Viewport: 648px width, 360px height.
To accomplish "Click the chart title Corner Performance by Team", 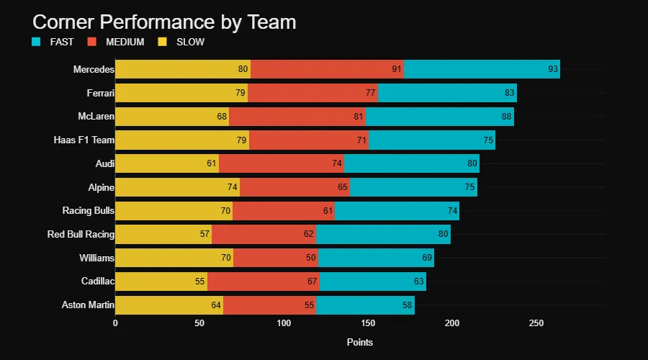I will click(x=164, y=22).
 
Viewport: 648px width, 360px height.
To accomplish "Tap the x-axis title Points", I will click(x=359, y=342).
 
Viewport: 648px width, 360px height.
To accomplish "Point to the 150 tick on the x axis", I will click(x=368, y=323).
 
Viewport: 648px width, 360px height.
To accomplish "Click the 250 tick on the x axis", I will click(x=536, y=323).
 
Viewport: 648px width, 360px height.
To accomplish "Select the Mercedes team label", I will click(x=94, y=69).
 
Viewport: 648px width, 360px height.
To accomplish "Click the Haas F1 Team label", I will click(x=84, y=140).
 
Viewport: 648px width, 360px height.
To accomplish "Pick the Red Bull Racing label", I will click(x=81, y=234).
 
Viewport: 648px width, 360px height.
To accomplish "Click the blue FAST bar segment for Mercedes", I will click(x=481, y=69).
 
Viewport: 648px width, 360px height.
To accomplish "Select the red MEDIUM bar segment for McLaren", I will click(x=297, y=117).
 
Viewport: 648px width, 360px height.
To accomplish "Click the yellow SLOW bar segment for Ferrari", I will click(x=181, y=93).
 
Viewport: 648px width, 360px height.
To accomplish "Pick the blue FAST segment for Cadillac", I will click(x=373, y=281).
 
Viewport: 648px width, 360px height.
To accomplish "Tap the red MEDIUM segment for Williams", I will click(x=275, y=258).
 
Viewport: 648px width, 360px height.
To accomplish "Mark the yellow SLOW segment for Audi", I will click(x=166, y=163).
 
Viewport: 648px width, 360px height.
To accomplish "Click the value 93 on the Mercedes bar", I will click(x=552, y=69).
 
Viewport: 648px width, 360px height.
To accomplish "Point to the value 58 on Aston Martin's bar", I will click(x=408, y=305).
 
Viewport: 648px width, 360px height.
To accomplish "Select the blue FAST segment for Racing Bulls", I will click(x=397, y=210).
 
